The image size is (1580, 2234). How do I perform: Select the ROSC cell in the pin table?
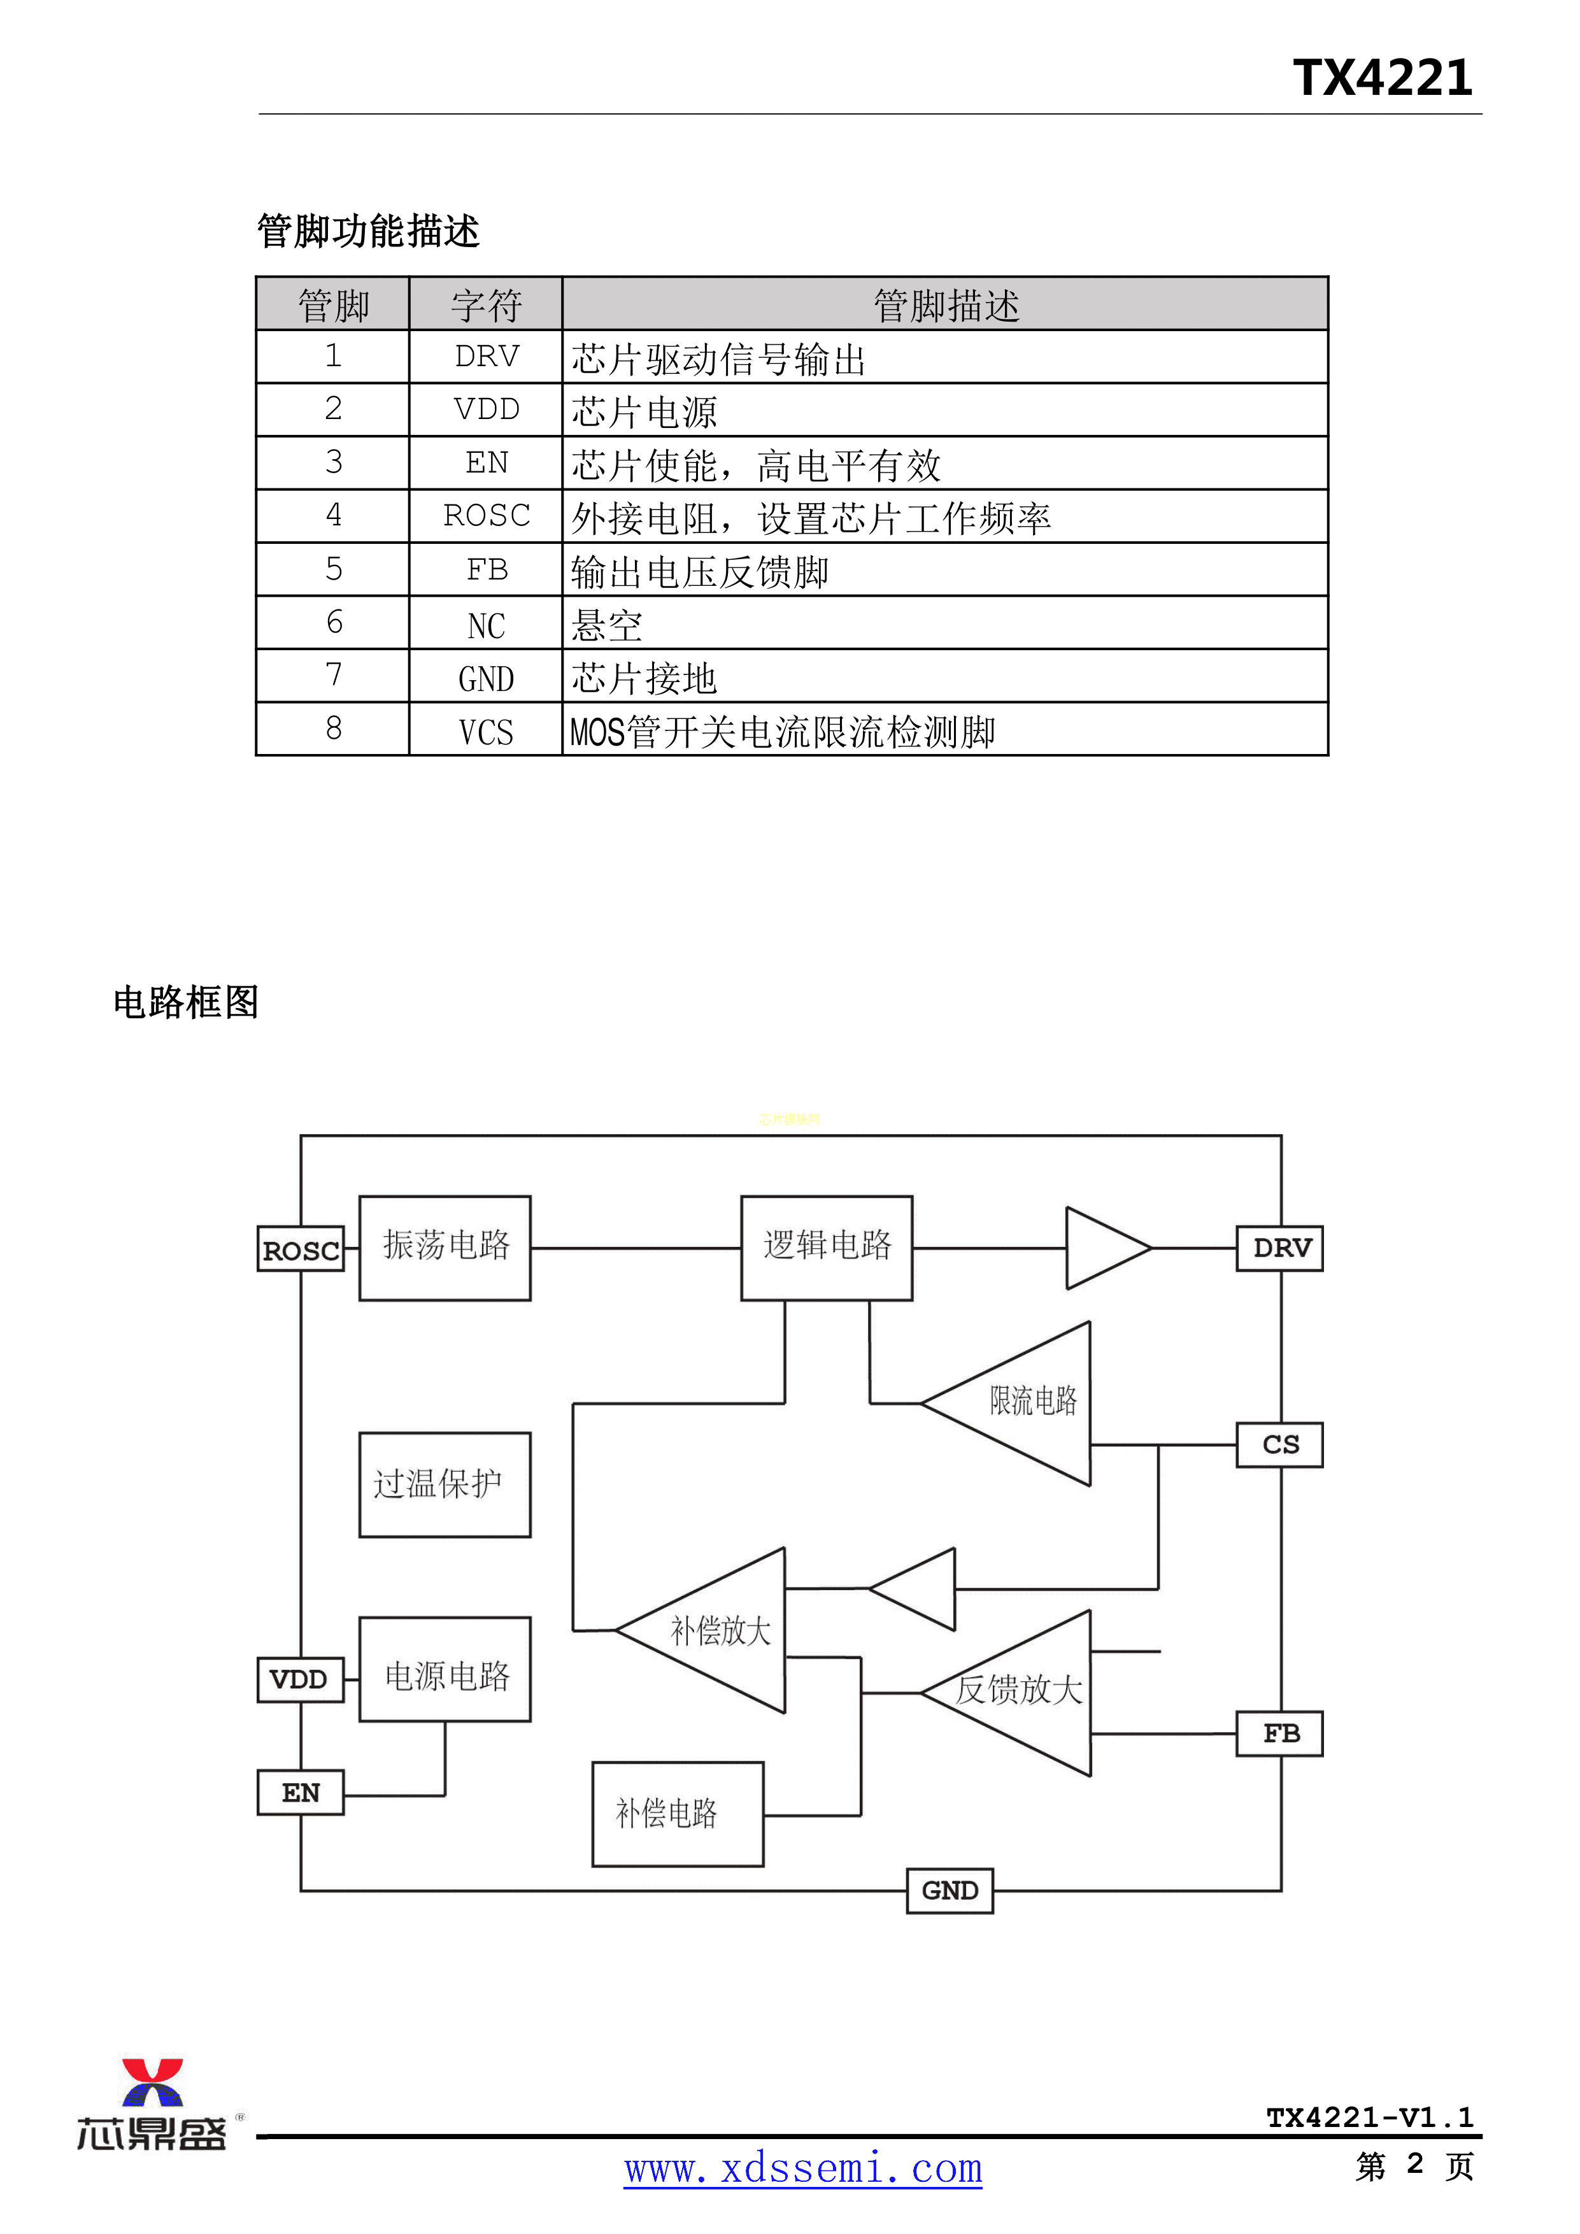pyautogui.click(x=487, y=516)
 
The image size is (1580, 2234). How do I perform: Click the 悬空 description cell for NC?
pyautogui.click(x=944, y=623)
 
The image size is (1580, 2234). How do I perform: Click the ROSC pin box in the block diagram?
pyautogui.click(x=301, y=1249)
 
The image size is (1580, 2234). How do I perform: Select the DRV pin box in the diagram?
pyautogui.click(x=1280, y=1248)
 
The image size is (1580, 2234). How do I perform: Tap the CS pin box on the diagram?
pyautogui.click(x=1280, y=1445)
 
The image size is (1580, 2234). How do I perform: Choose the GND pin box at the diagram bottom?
pyautogui.click(x=950, y=1891)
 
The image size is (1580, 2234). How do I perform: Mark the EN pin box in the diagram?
pyautogui.click(x=301, y=1792)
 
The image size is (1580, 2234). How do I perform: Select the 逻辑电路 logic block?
pyautogui.click(x=827, y=1248)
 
